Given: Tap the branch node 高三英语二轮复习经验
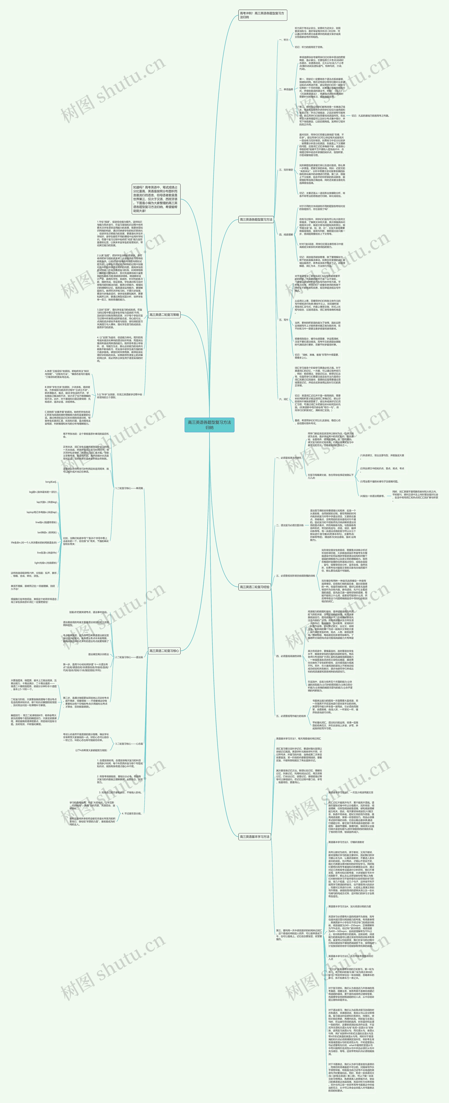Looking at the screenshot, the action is (255, 587).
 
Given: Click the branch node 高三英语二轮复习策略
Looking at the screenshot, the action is (164, 315).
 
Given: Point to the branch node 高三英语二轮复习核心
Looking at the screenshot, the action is (164, 651).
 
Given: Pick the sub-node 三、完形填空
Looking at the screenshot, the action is (286, 170).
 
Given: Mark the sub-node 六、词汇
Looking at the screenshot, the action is (284, 399).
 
